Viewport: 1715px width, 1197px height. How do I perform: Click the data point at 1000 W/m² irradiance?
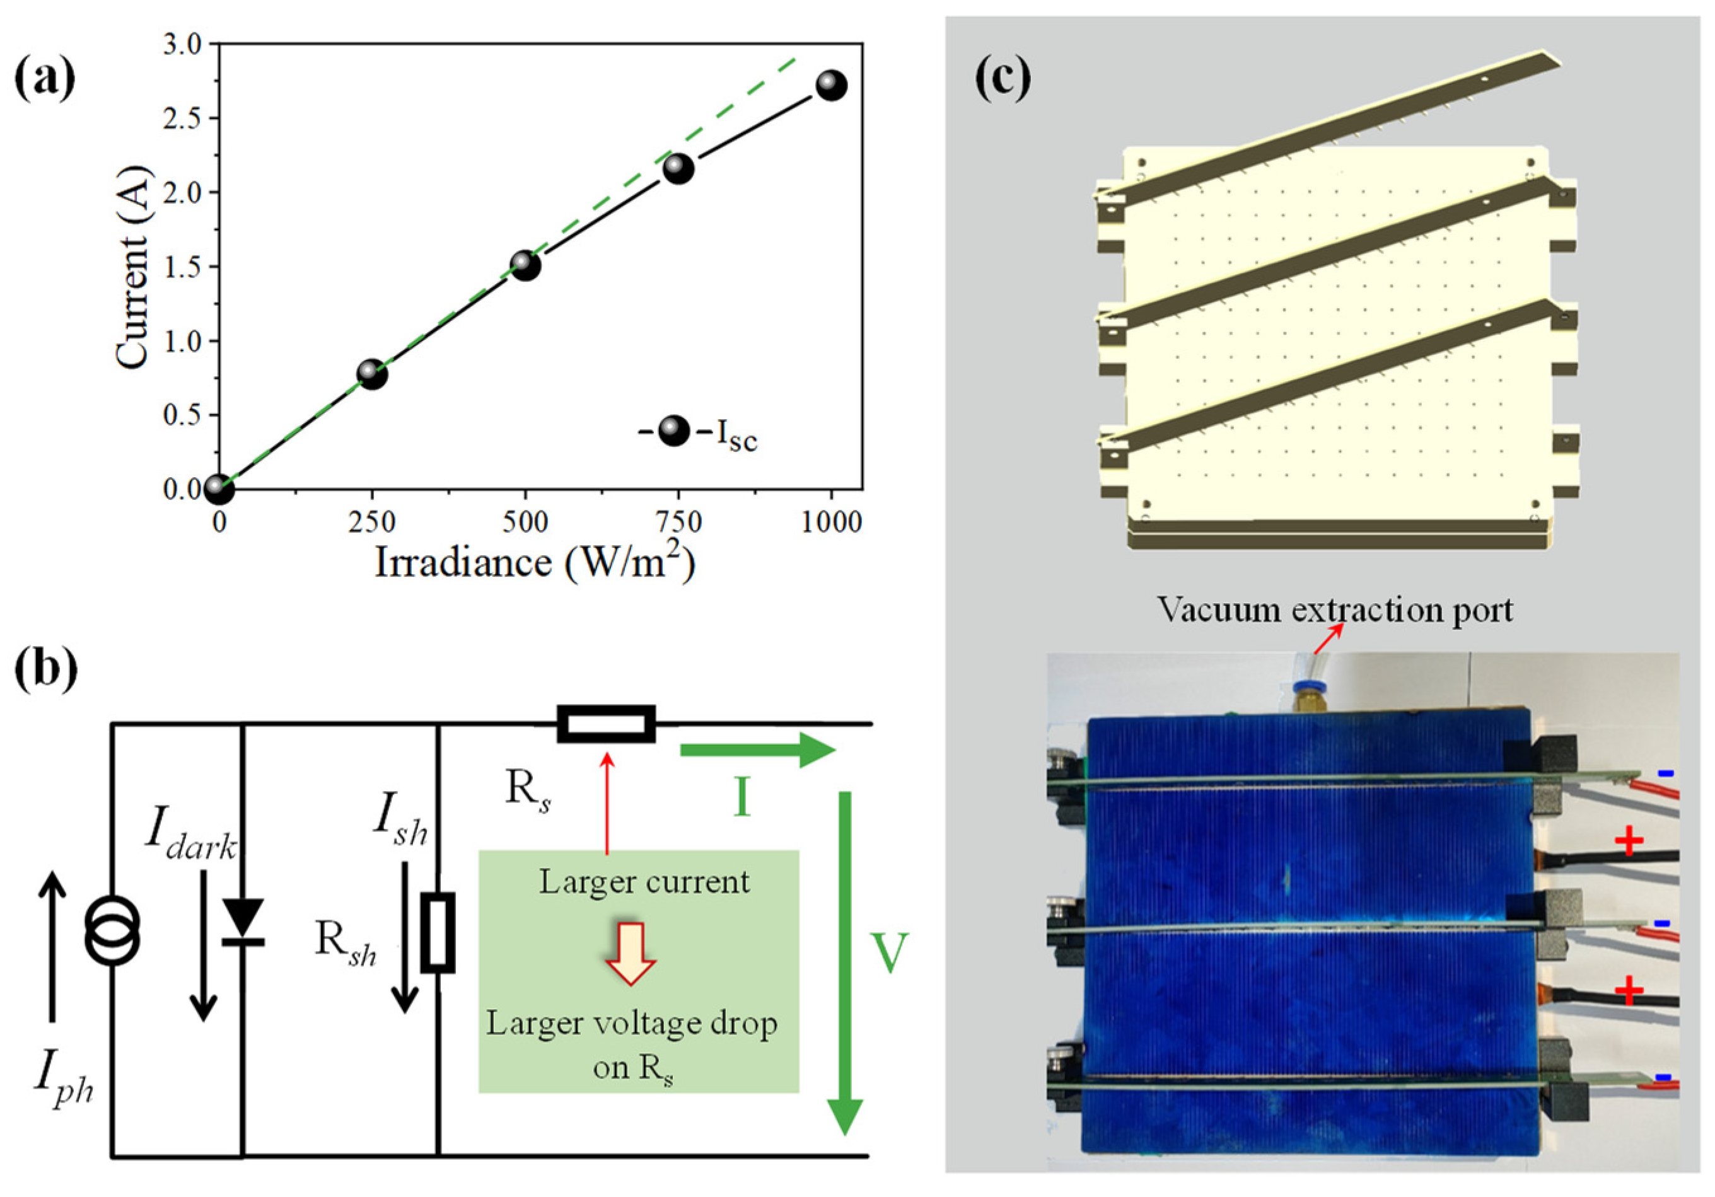(x=830, y=86)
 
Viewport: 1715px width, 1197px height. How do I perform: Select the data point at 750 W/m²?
(x=678, y=169)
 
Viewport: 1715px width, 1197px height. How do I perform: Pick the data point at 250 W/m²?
(x=372, y=373)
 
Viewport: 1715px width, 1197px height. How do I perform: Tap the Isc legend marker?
(x=675, y=432)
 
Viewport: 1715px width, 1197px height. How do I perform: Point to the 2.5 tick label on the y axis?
(x=182, y=119)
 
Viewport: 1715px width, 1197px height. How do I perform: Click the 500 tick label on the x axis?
(x=525, y=522)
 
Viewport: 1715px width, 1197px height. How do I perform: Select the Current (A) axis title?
(x=133, y=267)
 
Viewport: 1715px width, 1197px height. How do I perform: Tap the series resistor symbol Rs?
(x=606, y=724)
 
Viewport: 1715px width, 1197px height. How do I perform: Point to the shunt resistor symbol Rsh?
(x=438, y=933)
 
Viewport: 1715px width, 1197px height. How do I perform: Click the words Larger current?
(x=644, y=882)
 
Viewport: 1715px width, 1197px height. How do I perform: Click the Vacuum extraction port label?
(x=1335, y=610)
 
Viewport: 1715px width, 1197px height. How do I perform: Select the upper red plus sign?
(x=1629, y=841)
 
